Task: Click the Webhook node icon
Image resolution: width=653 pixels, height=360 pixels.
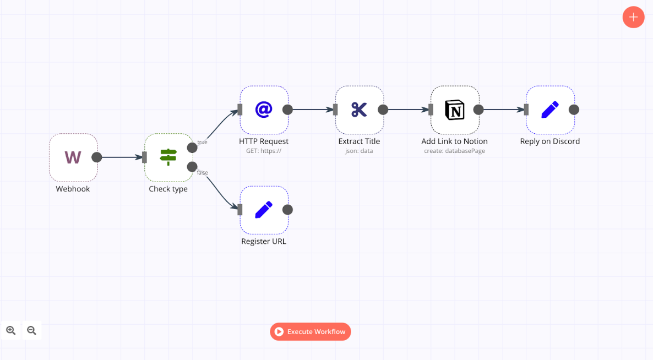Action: click(x=73, y=157)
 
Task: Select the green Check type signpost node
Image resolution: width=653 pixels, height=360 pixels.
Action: click(x=168, y=157)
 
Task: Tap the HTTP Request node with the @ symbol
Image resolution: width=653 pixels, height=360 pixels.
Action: click(x=264, y=110)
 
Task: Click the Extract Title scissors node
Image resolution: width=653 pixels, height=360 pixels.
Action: click(x=359, y=110)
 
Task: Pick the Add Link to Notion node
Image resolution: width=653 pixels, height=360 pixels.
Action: click(x=455, y=110)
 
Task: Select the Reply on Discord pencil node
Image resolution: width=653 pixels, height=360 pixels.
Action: click(x=550, y=110)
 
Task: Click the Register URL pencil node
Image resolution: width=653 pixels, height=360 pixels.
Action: click(x=264, y=210)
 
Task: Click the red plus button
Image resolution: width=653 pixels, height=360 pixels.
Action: click(x=633, y=17)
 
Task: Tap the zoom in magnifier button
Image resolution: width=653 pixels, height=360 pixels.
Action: click(x=11, y=330)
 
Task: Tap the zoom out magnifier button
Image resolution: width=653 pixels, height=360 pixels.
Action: click(x=31, y=330)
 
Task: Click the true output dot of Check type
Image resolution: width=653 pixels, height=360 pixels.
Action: click(x=192, y=148)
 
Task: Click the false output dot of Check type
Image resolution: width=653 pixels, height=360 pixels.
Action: click(x=192, y=167)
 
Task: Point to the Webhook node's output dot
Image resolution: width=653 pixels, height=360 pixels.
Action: click(x=97, y=157)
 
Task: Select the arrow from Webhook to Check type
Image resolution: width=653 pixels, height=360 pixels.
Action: click(x=120, y=157)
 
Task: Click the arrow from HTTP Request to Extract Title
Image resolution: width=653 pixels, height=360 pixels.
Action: click(x=311, y=110)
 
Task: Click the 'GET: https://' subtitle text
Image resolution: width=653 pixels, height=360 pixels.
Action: click(x=264, y=151)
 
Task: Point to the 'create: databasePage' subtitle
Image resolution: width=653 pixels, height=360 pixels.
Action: click(x=454, y=151)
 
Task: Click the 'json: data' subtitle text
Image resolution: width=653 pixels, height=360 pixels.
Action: click(x=359, y=151)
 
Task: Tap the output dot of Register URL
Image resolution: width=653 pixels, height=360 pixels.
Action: click(x=287, y=210)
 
